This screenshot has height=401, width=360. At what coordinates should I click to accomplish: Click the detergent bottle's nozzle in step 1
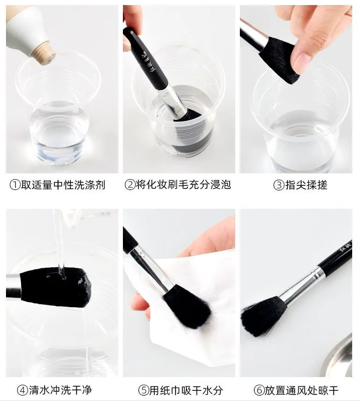45,53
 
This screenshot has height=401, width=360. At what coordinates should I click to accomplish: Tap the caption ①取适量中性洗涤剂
58,185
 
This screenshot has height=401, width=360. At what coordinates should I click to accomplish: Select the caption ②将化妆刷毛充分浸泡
178,185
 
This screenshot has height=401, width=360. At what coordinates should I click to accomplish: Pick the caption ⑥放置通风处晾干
296,390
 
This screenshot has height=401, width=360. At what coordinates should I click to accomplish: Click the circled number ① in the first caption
14,185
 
